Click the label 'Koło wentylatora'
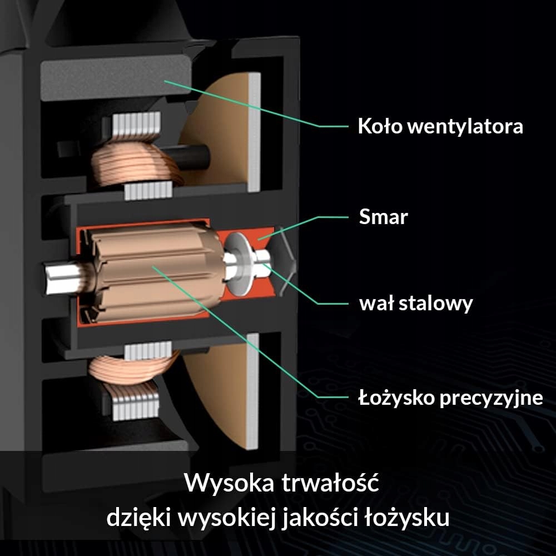point(440,126)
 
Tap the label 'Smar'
point(383,217)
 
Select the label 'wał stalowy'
point(416,304)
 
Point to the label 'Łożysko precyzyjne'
point(449,398)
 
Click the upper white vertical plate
point(255,131)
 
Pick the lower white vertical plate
point(254,389)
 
